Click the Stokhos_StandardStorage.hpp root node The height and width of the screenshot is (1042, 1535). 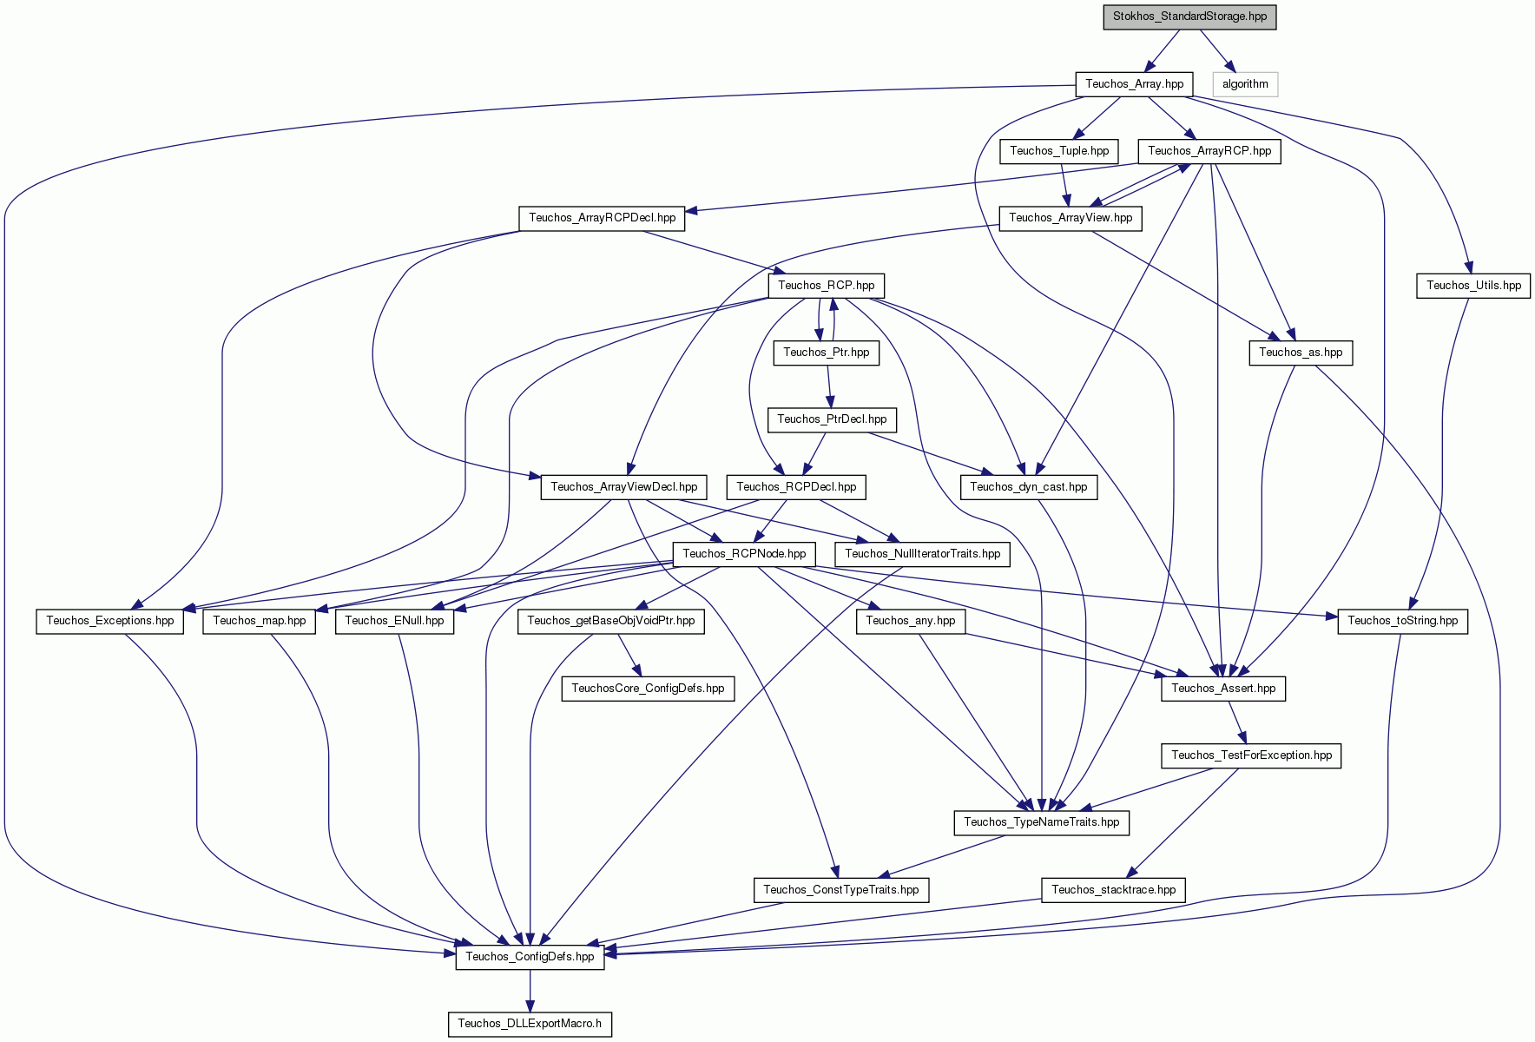1189,17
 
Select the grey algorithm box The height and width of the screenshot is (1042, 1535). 1245,84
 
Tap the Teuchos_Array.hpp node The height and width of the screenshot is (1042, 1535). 1134,84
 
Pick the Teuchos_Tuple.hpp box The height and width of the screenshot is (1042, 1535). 1059,151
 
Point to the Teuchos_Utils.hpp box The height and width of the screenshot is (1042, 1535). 1473,285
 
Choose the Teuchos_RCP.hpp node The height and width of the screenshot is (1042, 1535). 826,285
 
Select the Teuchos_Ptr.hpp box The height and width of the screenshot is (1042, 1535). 826,353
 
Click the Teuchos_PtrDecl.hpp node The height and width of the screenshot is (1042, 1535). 832,419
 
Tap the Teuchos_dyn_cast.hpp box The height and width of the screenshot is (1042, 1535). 1029,487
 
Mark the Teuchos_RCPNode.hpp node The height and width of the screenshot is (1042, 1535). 744,554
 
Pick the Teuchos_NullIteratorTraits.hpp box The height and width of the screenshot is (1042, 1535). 922,554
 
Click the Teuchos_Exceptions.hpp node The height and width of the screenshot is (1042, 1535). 110,621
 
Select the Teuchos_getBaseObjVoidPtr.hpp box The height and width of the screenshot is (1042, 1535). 611,621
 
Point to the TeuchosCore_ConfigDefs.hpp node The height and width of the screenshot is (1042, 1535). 648,689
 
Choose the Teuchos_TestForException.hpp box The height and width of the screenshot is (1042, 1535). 1251,755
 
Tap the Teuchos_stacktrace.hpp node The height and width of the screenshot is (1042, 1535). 1113,890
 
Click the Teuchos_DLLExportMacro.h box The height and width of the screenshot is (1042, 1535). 530,1024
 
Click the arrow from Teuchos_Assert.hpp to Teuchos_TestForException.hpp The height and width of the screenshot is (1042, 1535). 1237,722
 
